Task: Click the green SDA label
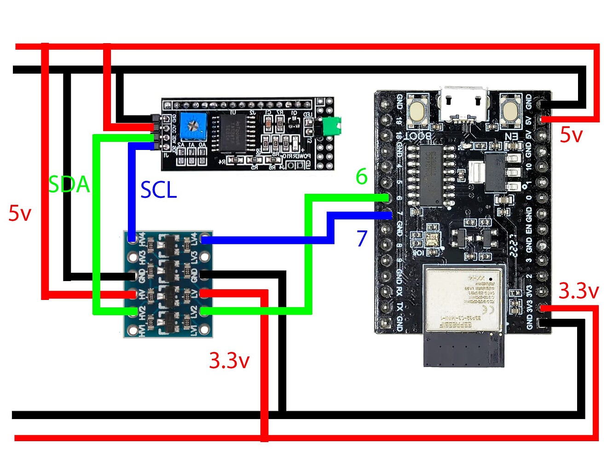(x=69, y=184)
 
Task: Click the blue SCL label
(x=158, y=190)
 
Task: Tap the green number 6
(x=362, y=177)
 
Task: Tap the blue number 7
(x=362, y=238)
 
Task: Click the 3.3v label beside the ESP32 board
(x=578, y=291)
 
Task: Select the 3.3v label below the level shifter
(x=229, y=361)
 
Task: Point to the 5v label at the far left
(x=20, y=213)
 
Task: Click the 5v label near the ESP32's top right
(x=571, y=135)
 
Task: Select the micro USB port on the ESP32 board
(x=463, y=105)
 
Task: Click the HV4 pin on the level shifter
(x=132, y=239)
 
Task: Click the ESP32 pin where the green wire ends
(x=386, y=198)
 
